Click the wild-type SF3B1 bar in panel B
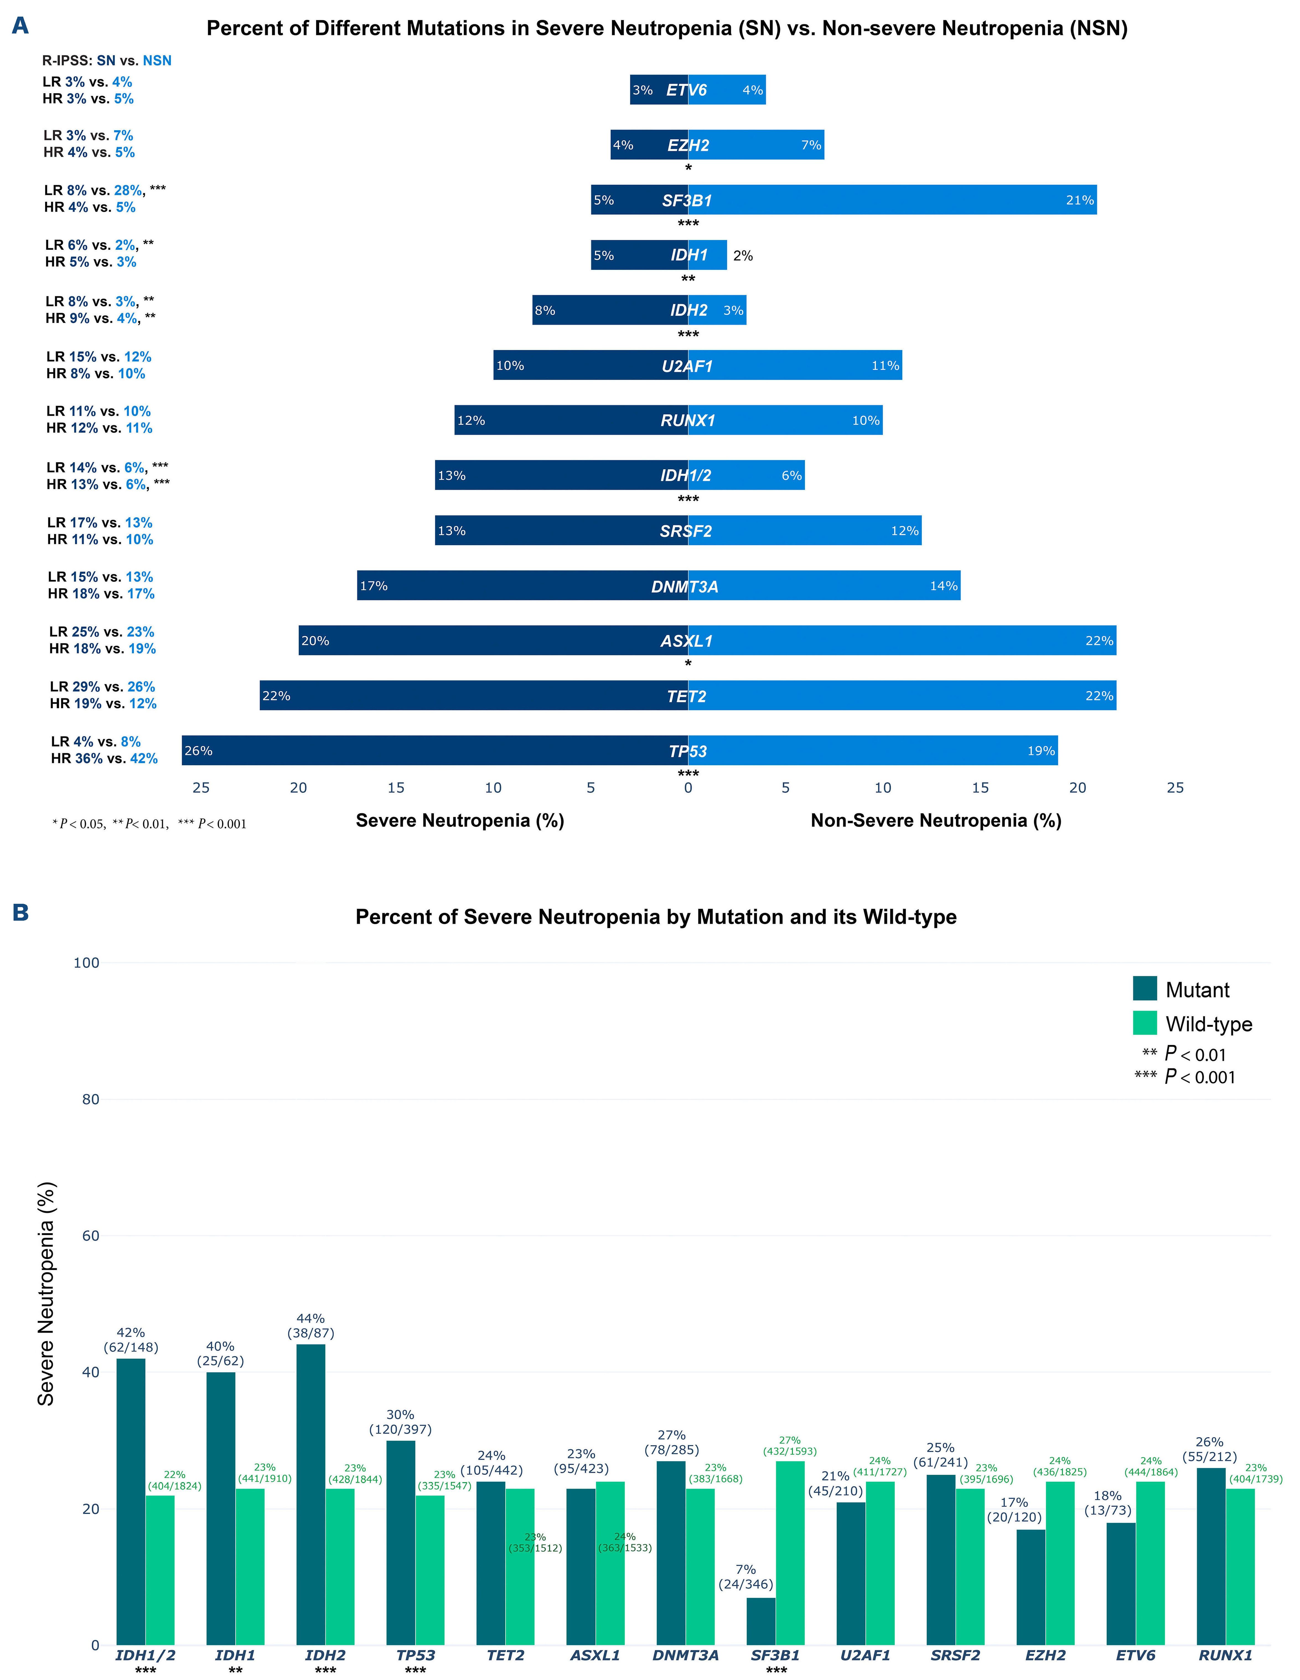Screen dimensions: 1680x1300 pos(790,1554)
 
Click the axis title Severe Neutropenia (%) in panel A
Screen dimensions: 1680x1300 pos(460,821)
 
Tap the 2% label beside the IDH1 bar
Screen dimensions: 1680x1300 pos(743,255)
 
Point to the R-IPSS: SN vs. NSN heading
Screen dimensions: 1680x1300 pos(107,61)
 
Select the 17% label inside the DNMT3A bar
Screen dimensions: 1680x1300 pos(374,586)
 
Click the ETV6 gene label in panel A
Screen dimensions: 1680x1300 pos(686,90)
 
